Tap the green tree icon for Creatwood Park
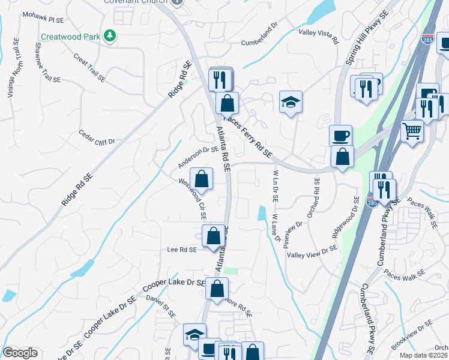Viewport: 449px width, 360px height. (x=109, y=37)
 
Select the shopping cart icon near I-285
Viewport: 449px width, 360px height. (x=412, y=131)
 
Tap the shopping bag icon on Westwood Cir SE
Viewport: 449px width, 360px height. (x=202, y=178)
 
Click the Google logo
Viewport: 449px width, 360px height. (x=20, y=353)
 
